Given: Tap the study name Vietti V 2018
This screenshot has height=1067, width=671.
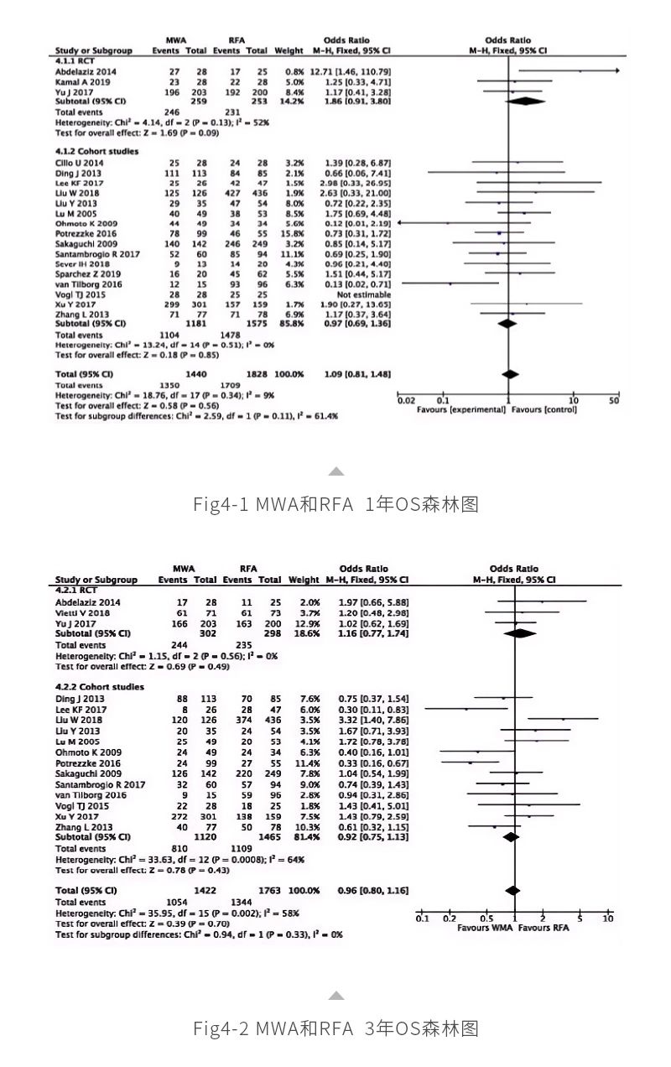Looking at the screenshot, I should (81, 612).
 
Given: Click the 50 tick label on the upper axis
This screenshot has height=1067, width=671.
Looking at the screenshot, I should (615, 400).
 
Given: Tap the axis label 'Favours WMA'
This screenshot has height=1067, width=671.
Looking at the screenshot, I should (484, 929).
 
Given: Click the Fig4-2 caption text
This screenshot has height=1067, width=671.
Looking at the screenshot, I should (335, 1027).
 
